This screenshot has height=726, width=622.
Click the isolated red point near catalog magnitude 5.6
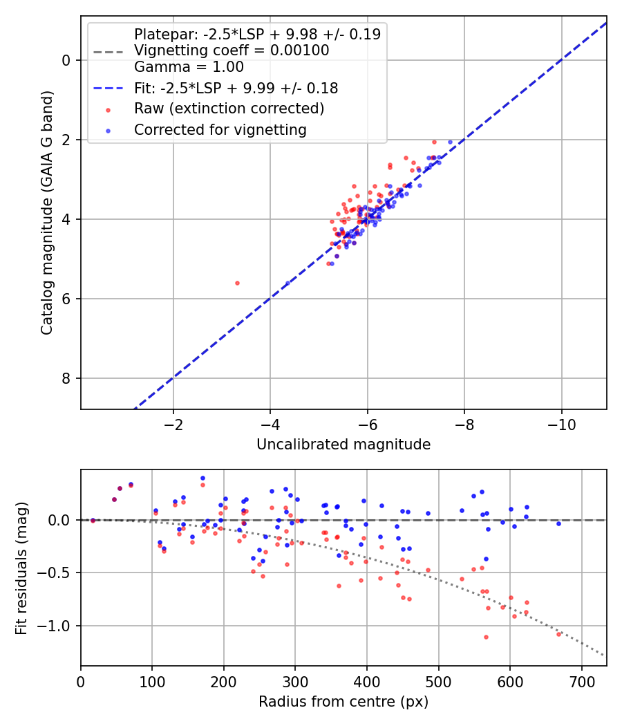[x=238, y=283]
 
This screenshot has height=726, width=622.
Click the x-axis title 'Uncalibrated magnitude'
[x=343, y=445]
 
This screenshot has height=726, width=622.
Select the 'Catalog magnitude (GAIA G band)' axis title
[x=47, y=212]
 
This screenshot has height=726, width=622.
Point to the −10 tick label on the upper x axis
[x=561, y=425]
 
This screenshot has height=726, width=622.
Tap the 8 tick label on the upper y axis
[x=66, y=378]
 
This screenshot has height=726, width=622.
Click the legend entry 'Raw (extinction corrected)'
[x=229, y=109]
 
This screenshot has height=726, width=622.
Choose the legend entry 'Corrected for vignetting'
[x=220, y=130]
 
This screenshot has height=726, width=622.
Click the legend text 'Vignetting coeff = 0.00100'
[x=232, y=50]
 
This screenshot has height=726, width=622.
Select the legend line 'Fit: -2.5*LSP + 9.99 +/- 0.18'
[x=236, y=88]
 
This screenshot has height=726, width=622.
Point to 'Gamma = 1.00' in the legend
[x=189, y=67]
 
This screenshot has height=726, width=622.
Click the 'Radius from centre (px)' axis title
[x=343, y=702]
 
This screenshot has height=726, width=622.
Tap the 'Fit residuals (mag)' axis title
[x=21, y=568]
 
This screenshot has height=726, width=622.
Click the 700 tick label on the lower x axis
[x=581, y=682]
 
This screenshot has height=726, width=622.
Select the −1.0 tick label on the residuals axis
[x=58, y=626]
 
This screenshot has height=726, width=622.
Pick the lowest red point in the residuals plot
[x=486, y=637]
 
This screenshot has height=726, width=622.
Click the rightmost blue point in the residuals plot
[x=558, y=523]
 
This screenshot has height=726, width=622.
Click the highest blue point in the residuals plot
[x=202, y=478]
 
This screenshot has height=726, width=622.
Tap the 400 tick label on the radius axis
[x=367, y=682]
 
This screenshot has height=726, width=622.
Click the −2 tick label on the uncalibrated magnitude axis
[x=173, y=425]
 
